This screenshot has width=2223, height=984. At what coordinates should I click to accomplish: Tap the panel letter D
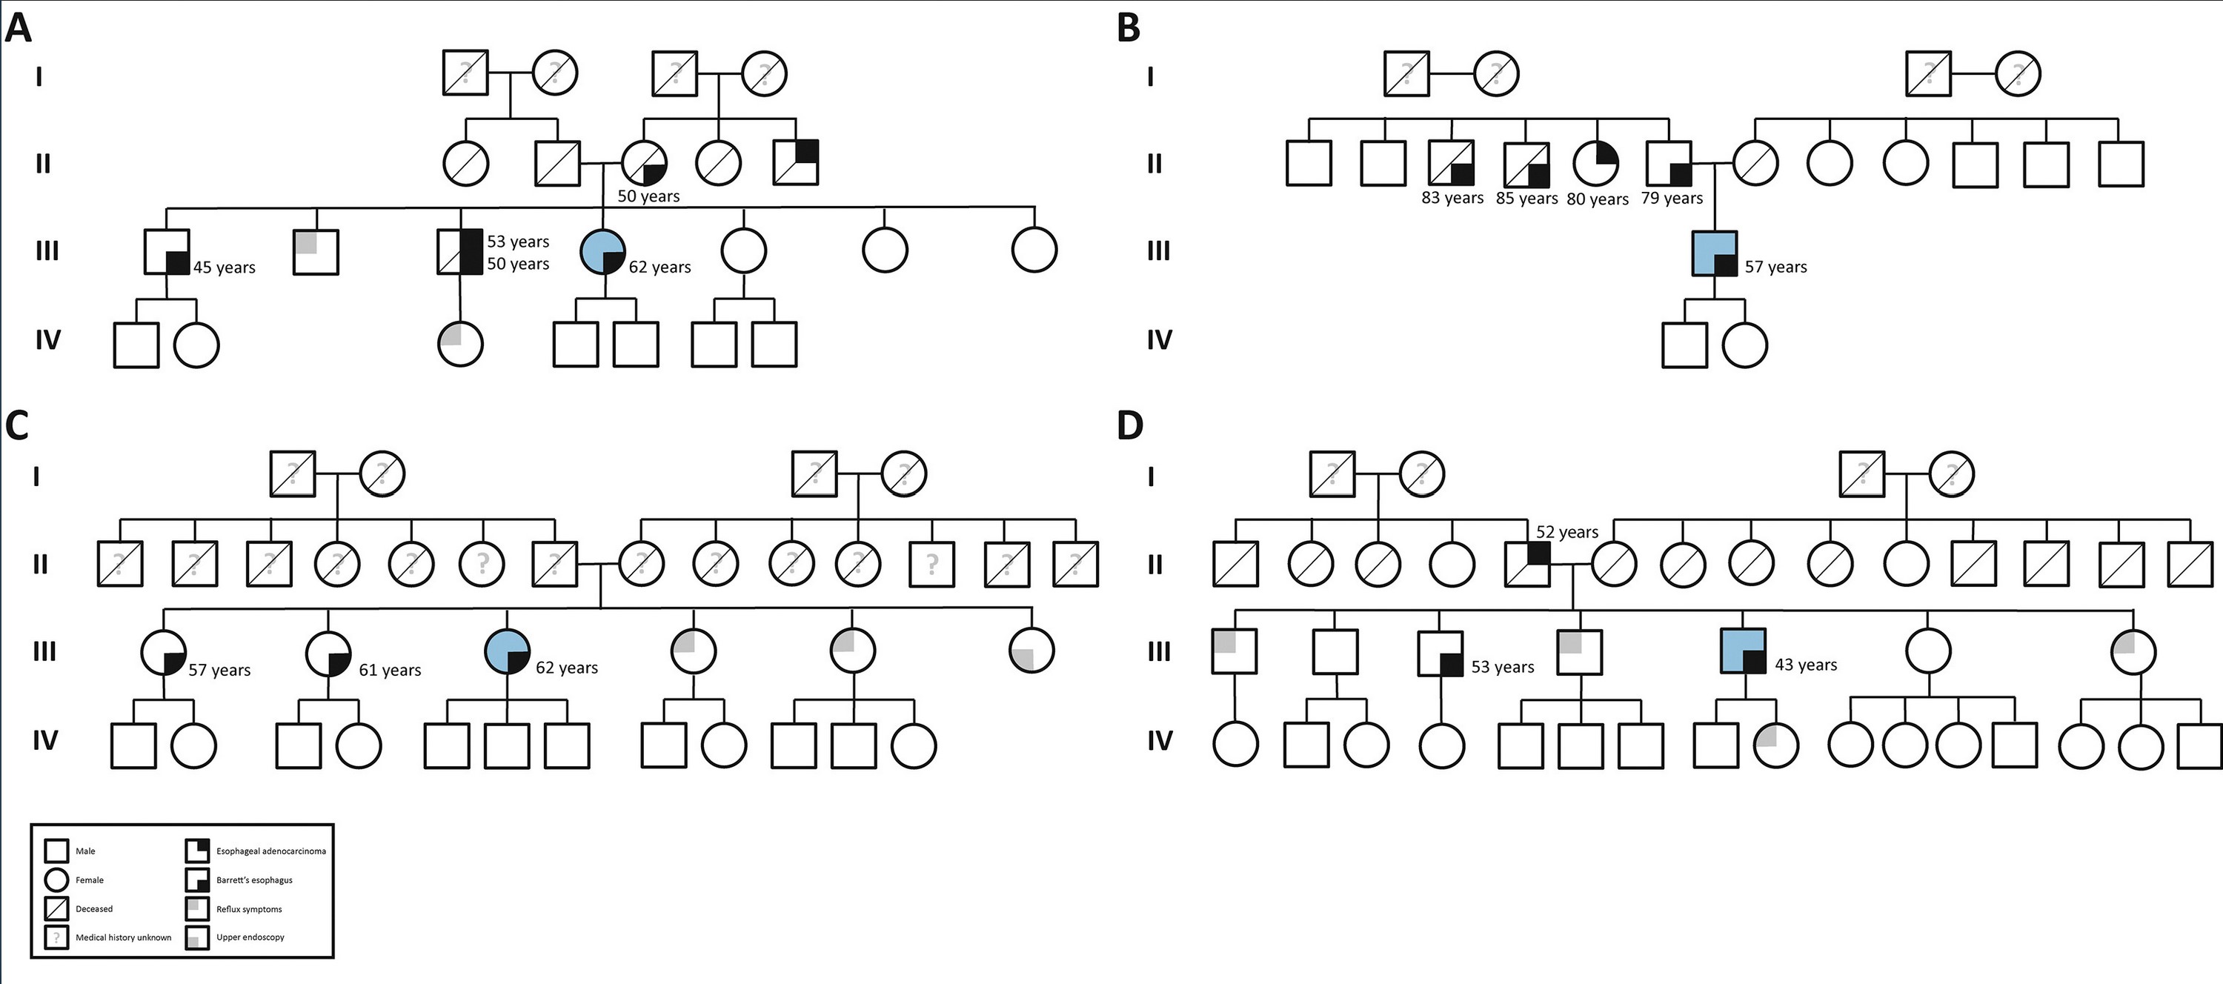pyautogui.click(x=1131, y=425)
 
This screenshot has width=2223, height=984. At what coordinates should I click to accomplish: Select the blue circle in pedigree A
pyautogui.click(x=605, y=251)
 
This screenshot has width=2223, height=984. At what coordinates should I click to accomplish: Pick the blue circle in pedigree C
pyautogui.click(x=507, y=651)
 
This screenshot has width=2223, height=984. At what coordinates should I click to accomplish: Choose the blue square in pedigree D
pyautogui.click(x=1743, y=651)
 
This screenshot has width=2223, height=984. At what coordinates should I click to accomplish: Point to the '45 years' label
pyautogui.click(x=225, y=267)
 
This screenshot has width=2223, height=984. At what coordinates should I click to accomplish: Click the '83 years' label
pyautogui.click(x=1452, y=198)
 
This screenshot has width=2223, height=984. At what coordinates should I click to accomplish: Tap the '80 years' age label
pyautogui.click(x=1598, y=199)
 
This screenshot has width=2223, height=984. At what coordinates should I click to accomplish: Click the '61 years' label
pyautogui.click(x=390, y=670)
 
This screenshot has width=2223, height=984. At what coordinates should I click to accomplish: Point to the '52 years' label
pyautogui.click(x=1567, y=533)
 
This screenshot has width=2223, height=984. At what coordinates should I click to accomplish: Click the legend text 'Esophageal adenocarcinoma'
pyautogui.click(x=271, y=851)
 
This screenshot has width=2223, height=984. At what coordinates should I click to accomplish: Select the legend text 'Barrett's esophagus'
pyautogui.click(x=255, y=880)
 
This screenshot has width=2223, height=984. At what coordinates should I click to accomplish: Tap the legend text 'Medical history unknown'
pyautogui.click(x=124, y=937)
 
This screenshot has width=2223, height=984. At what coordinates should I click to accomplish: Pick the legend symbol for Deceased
pyautogui.click(x=57, y=909)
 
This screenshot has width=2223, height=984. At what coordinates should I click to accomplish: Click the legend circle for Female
pyautogui.click(x=57, y=880)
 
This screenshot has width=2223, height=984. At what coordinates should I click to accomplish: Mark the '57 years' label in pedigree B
pyautogui.click(x=1776, y=267)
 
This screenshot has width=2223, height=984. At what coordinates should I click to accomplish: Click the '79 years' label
pyautogui.click(x=1672, y=198)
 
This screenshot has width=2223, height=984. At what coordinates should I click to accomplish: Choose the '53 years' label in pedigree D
pyautogui.click(x=1503, y=667)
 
